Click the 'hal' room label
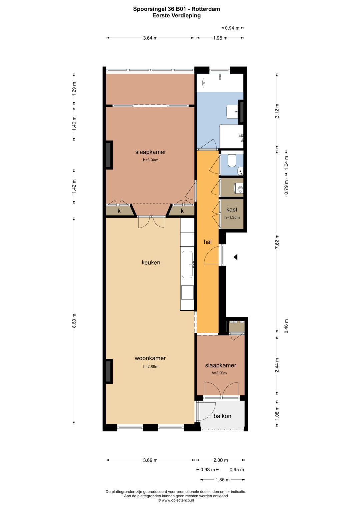(207, 242)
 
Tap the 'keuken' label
(151, 262)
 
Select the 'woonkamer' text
(150, 358)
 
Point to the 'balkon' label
(222, 416)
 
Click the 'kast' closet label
(232, 210)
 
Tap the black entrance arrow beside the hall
(236, 257)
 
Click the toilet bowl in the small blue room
(232, 160)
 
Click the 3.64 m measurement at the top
(150, 38)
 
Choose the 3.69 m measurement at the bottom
(150, 460)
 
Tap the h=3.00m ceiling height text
(150, 160)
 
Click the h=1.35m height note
(232, 217)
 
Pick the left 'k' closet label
(119, 211)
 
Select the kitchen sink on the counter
(187, 264)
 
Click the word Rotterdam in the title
(206, 9)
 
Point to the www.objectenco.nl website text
(176, 500)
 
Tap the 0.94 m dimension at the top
(232, 28)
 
